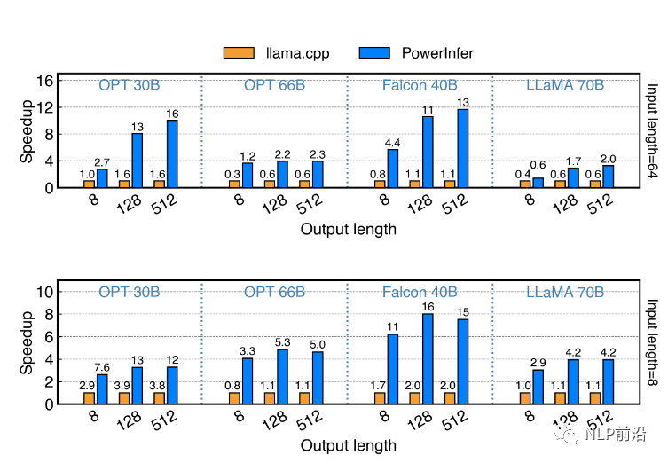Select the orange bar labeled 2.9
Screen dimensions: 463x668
[x=89, y=398]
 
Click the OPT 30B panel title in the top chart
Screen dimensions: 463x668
[x=129, y=85]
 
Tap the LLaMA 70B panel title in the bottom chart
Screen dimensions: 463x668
[x=565, y=292]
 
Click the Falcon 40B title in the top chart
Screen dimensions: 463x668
[x=420, y=85]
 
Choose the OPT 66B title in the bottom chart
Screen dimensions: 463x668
[x=274, y=292]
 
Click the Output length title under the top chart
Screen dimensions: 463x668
[x=348, y=230]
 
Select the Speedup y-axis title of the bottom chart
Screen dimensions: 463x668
[x=27, y=343]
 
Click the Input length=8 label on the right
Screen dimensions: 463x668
[x=652, y=342]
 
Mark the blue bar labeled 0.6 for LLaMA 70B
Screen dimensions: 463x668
[x=538, y=183]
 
